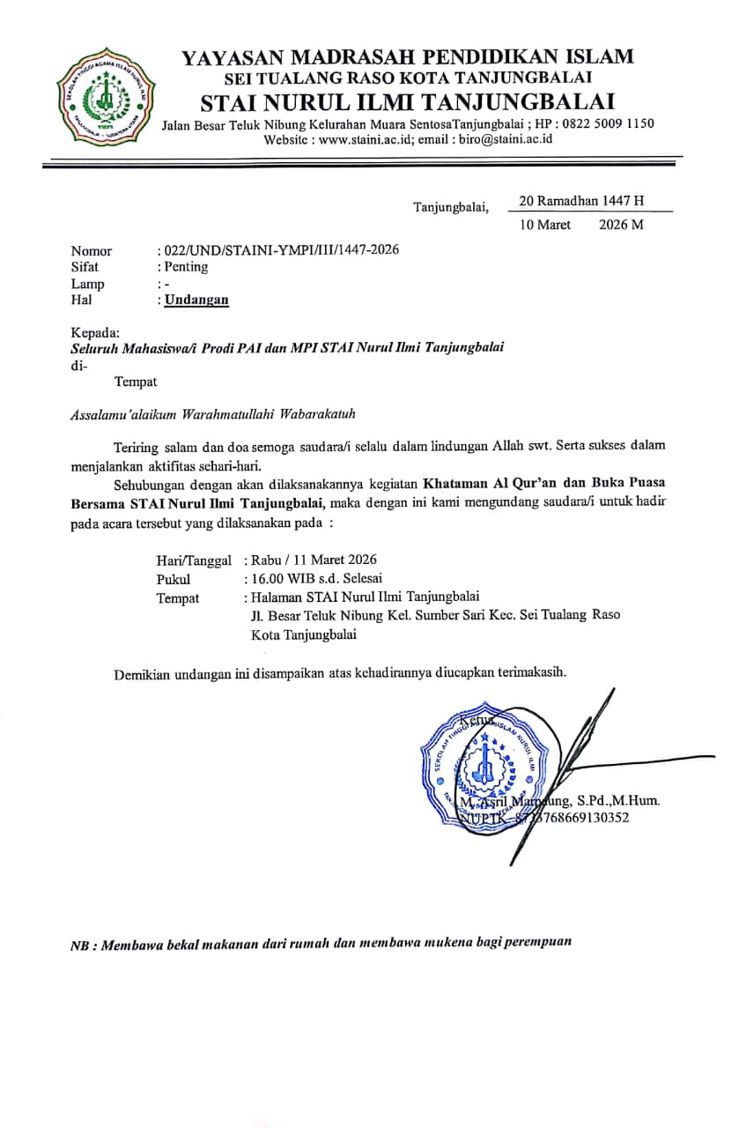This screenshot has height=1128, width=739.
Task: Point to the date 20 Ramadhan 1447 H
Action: (581, 201)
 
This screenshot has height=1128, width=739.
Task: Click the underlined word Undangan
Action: (196, 300)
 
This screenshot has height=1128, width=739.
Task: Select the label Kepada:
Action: (94, 332)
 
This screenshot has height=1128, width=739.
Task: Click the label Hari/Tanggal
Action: (194, 560)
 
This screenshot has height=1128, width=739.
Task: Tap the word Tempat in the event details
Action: (178, 598)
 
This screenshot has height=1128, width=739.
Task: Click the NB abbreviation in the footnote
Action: (80, 946)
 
